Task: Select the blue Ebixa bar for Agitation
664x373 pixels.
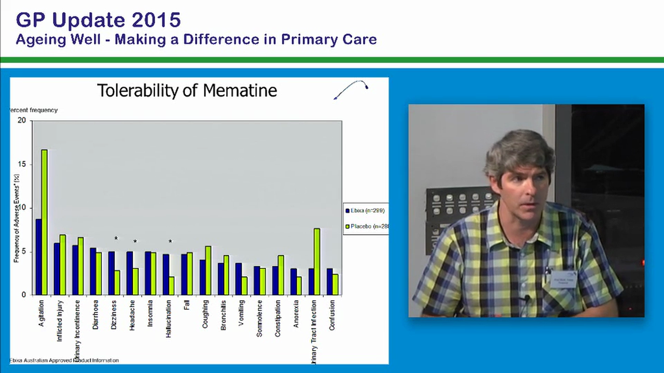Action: click(x=38, y=256)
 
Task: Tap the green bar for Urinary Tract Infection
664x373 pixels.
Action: click(x=317, y=261)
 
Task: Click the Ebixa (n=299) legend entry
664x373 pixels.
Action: click(x=365, y=210)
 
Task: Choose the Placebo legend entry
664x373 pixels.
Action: click(x=366, y=226)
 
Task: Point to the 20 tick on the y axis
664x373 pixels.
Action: click(x=21, y=120)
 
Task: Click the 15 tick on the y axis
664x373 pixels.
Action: click(x=21, y=164)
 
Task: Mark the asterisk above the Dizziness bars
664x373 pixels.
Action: click(x=116, y=239)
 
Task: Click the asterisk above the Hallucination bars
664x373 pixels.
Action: click(x=170, y=241)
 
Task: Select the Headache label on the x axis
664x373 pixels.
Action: click(x=132, y=313)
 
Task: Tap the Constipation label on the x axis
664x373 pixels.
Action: click(x=278, y=318)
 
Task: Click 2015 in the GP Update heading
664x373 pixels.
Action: click(x=156, y=20)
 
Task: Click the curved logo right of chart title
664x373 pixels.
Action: click(x=351, y=89)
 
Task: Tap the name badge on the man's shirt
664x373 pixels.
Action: click(x=563, y=279)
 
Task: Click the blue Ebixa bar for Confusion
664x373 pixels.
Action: click(x=329, y=281)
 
